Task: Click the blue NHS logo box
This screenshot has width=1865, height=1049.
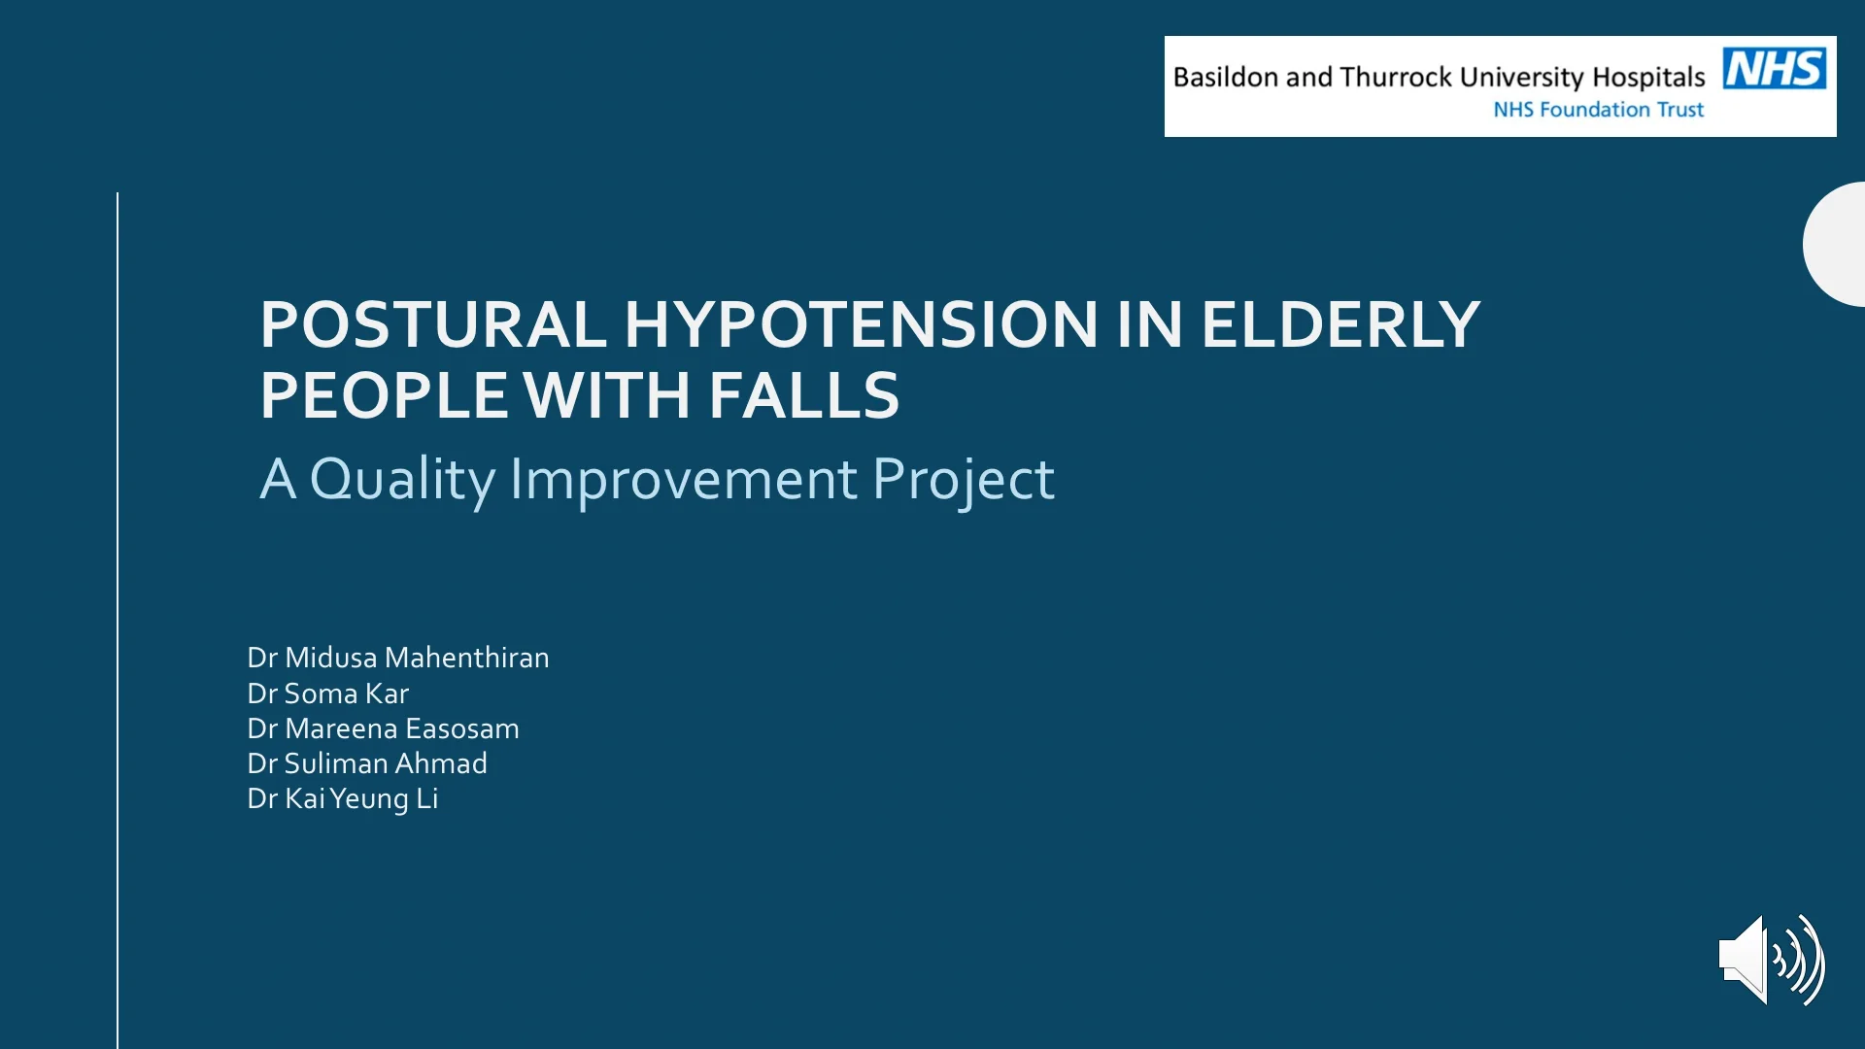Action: point(1775,68)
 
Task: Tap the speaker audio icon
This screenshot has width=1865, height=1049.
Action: point(1772,960)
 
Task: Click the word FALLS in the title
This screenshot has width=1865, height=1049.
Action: point(804,395)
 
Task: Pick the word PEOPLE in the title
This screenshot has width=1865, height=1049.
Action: point(384,395)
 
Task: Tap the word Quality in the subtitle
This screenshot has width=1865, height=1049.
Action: point(403,480)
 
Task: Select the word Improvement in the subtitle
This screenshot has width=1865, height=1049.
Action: point(684,479)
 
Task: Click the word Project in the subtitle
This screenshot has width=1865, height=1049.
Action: point(964,480)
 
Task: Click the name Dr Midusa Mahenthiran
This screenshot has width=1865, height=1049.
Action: point(398,658)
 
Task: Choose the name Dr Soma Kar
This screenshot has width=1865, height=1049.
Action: point(328,694)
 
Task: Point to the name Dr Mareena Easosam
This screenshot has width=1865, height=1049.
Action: point(384,728)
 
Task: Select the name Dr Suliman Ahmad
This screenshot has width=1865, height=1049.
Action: point(367,763)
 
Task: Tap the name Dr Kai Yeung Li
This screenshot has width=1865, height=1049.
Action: point(343,798)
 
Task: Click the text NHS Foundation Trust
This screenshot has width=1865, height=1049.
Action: point(1599,110)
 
